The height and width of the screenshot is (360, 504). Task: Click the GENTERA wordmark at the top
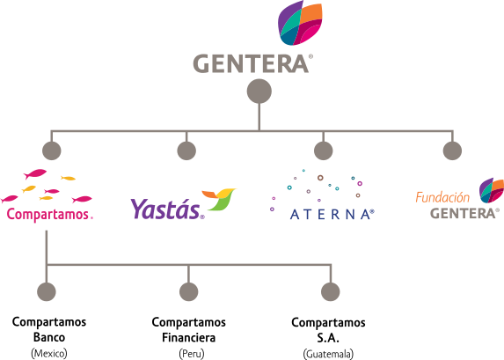251,63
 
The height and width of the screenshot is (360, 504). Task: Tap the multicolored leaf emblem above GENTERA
300,23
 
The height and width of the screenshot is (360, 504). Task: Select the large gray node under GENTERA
259,91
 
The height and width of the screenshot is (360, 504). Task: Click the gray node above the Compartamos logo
51,151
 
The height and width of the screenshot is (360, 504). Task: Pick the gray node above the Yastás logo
186,151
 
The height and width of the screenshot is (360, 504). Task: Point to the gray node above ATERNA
323,151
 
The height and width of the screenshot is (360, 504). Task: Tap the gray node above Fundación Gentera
452,151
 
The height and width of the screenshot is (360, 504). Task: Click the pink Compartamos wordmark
49,214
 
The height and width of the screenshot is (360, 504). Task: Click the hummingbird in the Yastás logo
219,199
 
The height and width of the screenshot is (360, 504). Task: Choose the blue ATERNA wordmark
332,214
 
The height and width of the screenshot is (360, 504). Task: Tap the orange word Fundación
442,197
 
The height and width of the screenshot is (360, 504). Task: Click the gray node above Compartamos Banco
47,291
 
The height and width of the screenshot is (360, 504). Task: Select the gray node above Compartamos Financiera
189,291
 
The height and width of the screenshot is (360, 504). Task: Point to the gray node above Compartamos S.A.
331,291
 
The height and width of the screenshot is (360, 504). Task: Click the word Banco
49,337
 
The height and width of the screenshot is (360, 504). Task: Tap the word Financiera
189,337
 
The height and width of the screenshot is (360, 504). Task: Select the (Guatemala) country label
328,354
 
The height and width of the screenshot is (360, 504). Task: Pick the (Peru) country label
192,354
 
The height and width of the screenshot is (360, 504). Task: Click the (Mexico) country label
49,353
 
